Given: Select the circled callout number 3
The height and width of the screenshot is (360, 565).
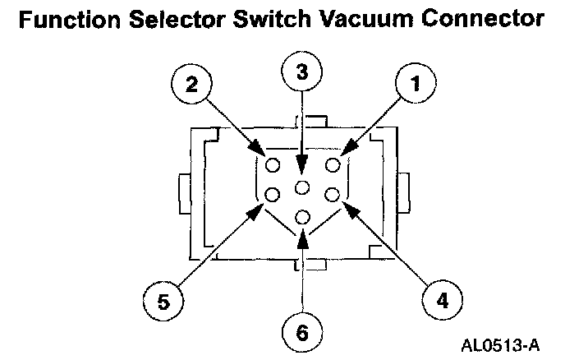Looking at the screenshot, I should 303,72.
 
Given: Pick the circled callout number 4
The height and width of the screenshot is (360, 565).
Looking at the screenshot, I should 443,301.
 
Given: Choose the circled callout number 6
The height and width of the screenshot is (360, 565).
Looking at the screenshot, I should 303,334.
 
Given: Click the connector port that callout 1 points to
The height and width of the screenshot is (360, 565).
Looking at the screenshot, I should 333,166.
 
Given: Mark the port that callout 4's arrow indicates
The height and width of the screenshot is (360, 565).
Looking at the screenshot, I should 333,195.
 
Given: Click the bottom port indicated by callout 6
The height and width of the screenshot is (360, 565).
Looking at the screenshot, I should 303,218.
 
